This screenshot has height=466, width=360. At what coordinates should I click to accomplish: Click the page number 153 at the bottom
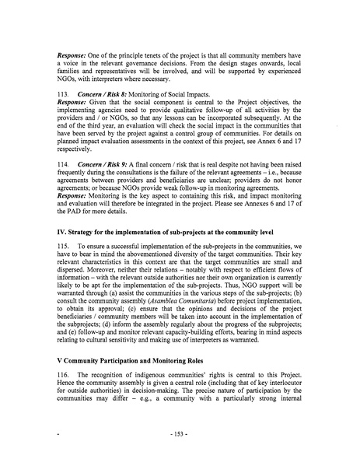pyautogui.click(x=180, y=450)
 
